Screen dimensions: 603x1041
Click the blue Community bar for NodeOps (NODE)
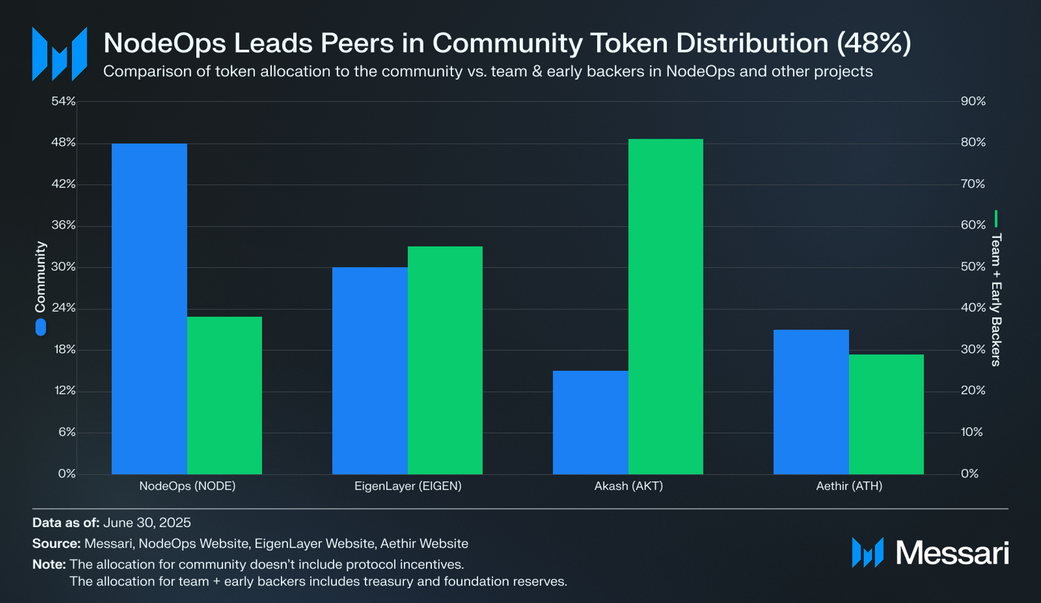click(149, 308)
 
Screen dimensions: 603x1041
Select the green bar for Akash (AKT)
click(665, 306)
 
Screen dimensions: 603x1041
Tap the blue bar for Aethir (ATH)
click(811, 402)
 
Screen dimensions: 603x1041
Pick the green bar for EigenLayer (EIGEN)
click(445, 360)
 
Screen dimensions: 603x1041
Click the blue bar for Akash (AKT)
click(590, 422)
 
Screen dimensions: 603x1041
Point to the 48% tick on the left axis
click(64, 142)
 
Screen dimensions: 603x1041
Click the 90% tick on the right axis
click(973, 101)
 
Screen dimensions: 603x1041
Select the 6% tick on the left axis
click(67, 432)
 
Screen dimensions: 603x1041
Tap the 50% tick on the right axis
click(973, 266)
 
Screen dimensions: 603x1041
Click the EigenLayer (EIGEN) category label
click(408, 486)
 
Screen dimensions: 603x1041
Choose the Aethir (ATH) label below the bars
click(849, 486)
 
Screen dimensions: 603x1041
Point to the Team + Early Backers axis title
click(996, 300)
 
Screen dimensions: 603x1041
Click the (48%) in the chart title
click(873, 43)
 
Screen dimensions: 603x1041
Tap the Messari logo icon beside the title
click(59, 54)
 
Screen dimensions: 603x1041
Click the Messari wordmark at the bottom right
click(952, 553)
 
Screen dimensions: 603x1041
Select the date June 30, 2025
click(147, 523)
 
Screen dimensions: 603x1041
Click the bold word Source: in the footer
click(56, 544)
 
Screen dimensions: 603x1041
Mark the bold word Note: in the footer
click(49, 565)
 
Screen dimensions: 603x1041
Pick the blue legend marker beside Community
click(41, 327)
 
